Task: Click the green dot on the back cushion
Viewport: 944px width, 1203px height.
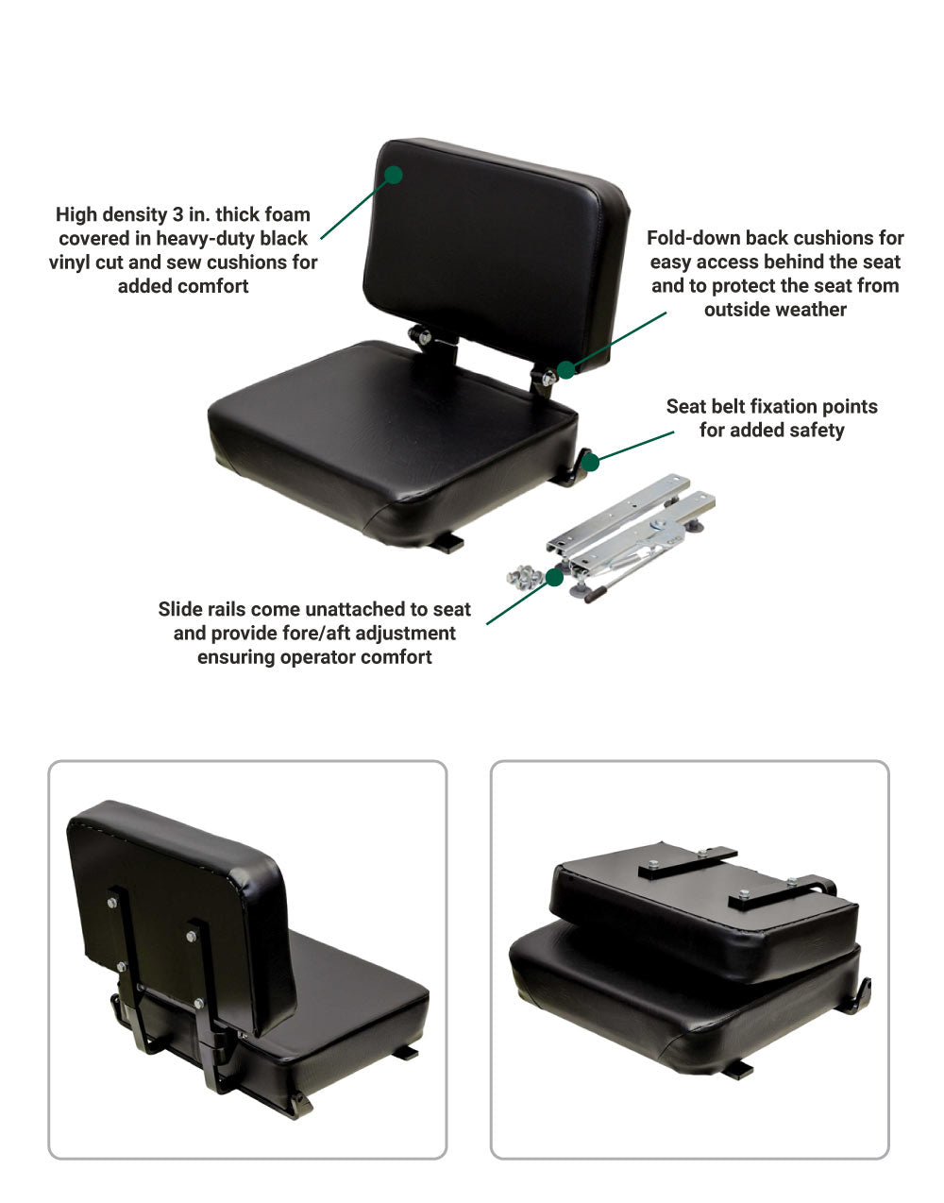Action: pyautogui.click(x=394, y=175)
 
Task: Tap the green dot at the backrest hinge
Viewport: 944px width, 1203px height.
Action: pyautogui.click(x=566, y=369)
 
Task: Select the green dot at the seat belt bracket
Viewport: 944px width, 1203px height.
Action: pyautogui.click(x=590, y=463)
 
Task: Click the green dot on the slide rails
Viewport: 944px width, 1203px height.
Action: pyautogui.click(x=554, y=577)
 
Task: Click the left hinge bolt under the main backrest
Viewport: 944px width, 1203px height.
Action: pyautogui.click(x=424, y=336)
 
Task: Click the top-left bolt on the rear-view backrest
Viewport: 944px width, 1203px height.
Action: pyautogui.click(x=111, y=903)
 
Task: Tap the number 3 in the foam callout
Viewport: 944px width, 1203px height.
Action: pyautogui.click(x=177, y=214)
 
